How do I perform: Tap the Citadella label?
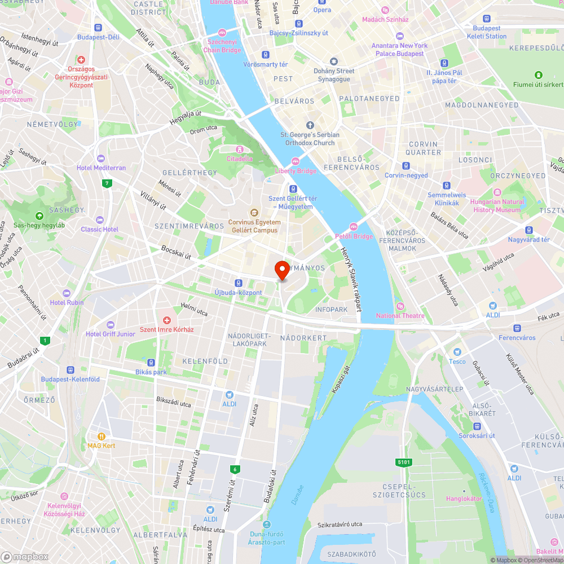click(240, 158)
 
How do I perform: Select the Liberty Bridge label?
click(296, 171)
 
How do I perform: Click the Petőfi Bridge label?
click(354, 236)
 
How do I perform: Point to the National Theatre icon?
click(400, 306)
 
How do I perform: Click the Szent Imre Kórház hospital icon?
click(167, 320)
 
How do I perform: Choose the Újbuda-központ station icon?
click(239, 283)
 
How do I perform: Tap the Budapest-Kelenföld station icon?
click(70, 369)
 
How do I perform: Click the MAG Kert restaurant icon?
click(102, 436)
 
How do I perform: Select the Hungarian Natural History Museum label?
click(496, 205)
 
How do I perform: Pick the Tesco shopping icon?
click(457, 351)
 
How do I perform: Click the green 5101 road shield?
click(403, 462)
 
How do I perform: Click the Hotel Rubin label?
click(67, 302)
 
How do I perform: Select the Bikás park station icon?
click(151, 362)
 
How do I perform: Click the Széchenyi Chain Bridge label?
click(224, 46)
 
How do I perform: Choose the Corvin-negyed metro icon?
click(406, 166)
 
